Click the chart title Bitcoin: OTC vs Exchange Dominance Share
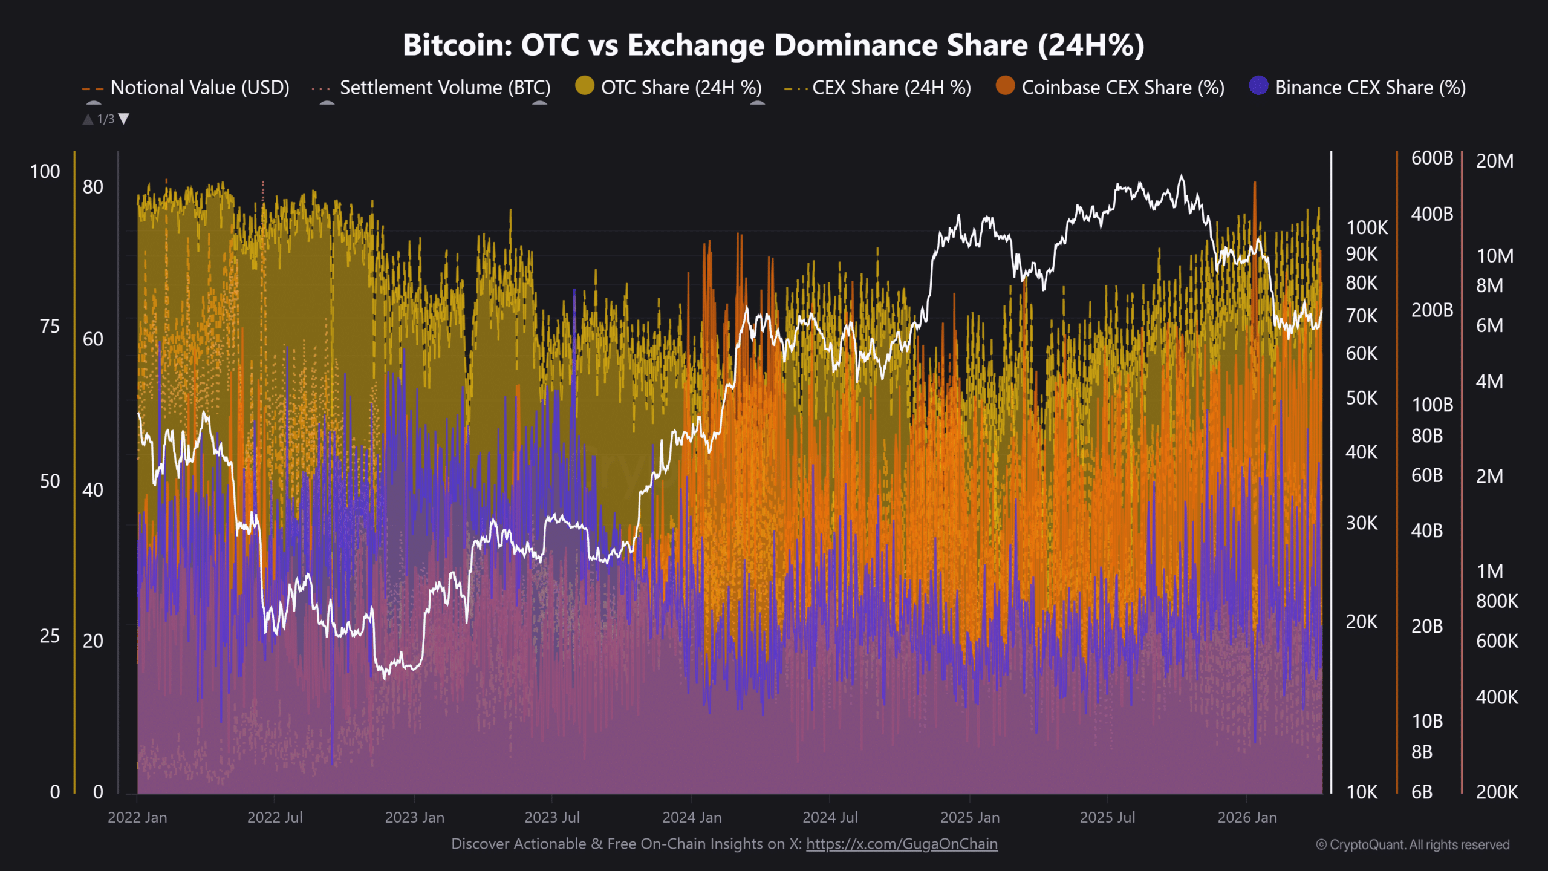[773, 45]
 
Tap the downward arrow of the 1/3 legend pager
[124, 119]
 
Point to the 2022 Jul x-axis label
[275, 818]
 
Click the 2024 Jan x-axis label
[692, 818]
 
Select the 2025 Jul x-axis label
[1107, 818]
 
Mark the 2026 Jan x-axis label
[1247, 818]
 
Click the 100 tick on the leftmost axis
[45, 172]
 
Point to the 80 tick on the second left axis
[93, 187]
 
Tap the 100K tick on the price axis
[1367, 228]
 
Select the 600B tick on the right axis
[1432, 158]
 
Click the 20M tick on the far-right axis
[1495, 161]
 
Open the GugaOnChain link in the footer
[902, 844]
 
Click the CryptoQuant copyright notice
[1413, 845]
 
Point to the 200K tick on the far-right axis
[1497, 792]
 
